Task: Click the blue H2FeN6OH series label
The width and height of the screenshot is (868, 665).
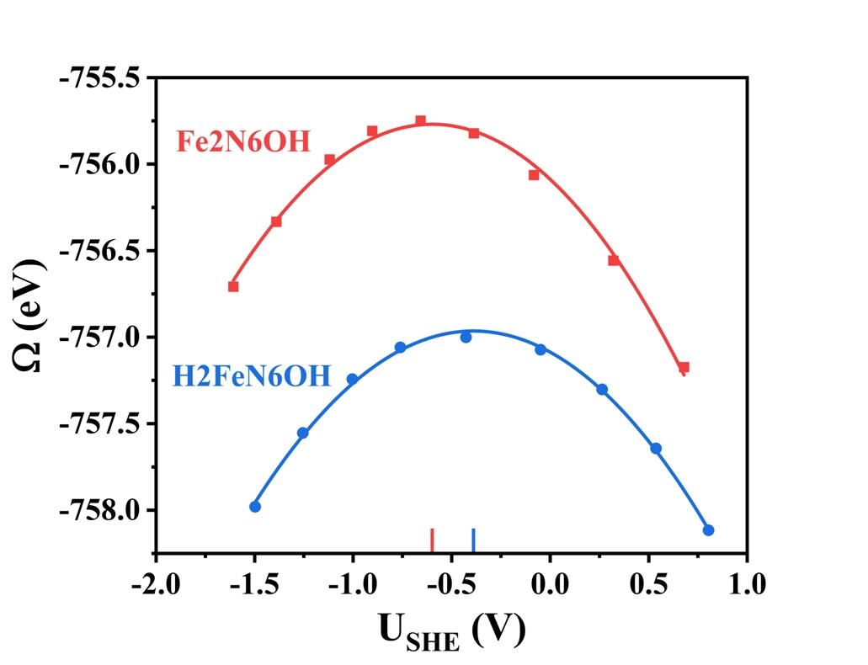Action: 252,375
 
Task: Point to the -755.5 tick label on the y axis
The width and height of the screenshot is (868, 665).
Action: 100,77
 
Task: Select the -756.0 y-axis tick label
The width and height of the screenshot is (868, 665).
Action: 100,164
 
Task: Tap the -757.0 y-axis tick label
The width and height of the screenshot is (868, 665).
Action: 100,337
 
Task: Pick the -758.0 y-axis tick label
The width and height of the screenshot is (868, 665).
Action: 100,509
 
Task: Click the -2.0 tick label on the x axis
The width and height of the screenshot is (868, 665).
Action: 155,583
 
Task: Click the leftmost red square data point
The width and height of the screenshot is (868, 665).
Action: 233,286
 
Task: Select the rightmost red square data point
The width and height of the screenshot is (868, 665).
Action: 684,367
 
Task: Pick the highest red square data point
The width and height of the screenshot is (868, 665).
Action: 420,121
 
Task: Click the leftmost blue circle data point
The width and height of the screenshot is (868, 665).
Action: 255,506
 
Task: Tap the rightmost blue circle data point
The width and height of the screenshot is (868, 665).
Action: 708,530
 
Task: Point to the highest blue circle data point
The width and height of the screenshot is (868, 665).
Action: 466,337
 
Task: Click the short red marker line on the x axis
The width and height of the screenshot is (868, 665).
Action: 432,540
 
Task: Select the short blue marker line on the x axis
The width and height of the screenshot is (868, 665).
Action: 473,540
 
